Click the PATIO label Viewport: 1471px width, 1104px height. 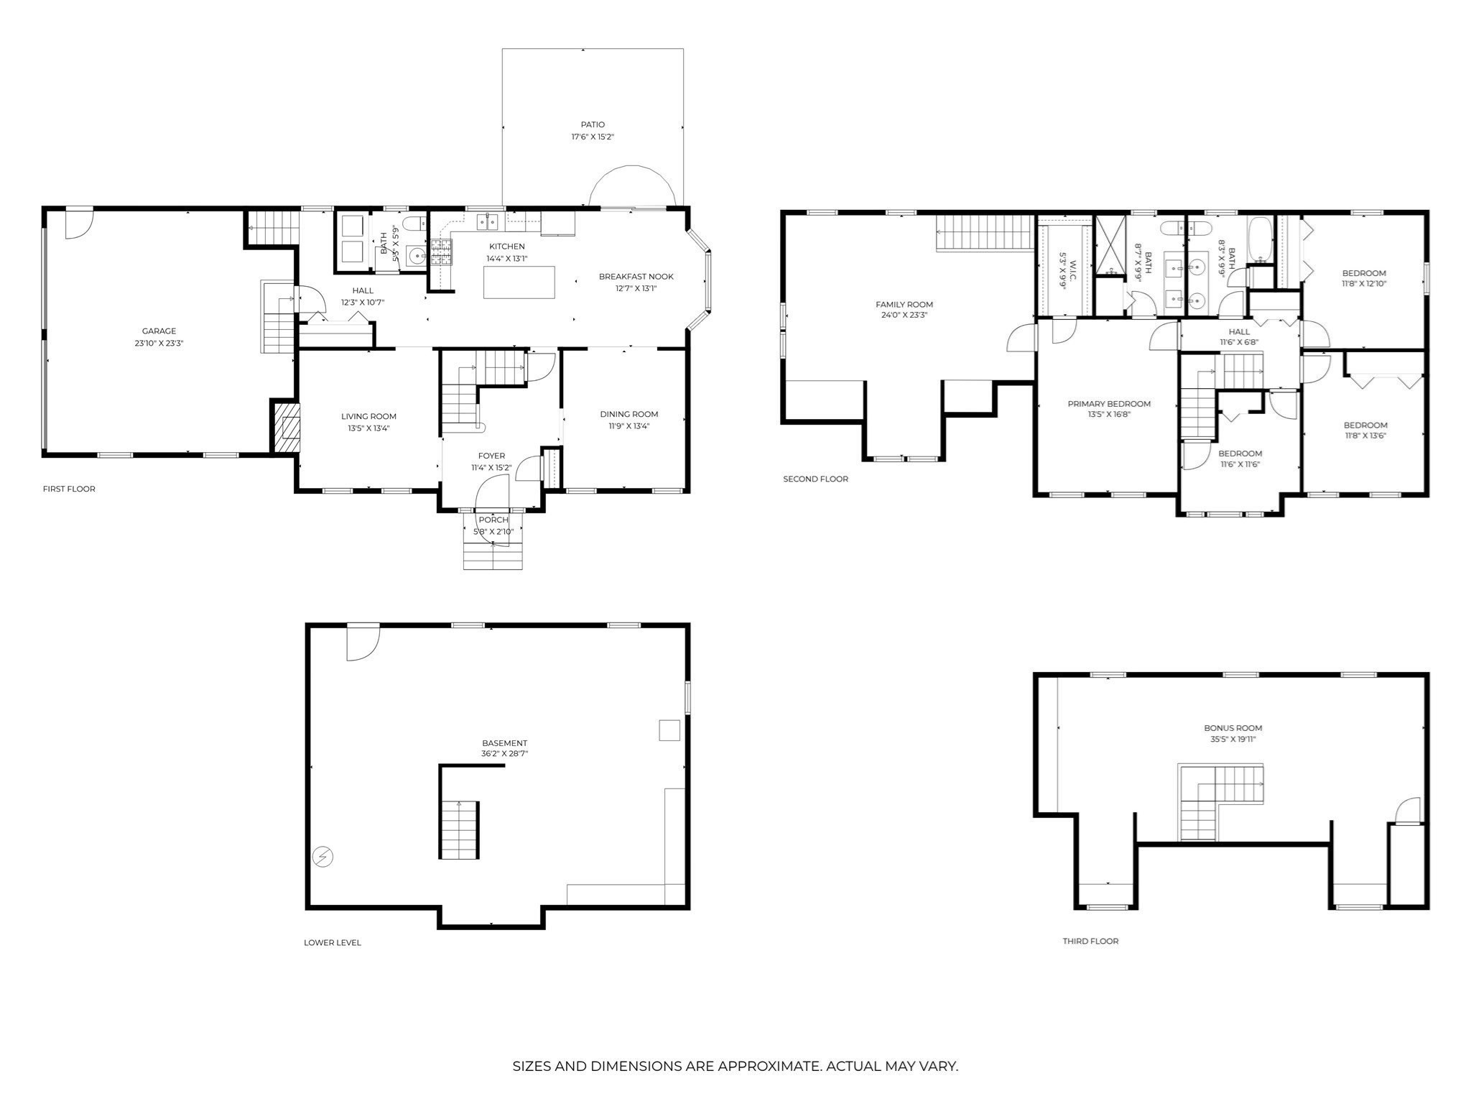tap(593, 124)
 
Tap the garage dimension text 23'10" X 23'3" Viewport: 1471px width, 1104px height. tap(159, 343)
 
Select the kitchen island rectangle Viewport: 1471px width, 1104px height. tap(519, 282)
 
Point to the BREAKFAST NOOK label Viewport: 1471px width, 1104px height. tap(636, 277)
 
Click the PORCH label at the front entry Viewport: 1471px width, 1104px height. tap(493, 520)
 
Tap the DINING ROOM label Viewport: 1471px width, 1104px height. tap(628, 414)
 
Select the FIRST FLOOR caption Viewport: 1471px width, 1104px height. tap(69, 489)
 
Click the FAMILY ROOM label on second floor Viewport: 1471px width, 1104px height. tap(904, 304)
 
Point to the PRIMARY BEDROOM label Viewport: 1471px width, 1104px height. tap(1108, 404)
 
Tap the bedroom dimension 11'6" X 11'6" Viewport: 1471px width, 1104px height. tap(1240, 464)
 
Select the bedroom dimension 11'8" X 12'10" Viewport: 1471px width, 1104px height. tap(1363, 284)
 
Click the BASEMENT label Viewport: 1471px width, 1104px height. tap(504, 743)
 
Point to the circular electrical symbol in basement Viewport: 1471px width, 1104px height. tap(322, 857)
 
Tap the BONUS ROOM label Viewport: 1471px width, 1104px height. tap(1233, 728)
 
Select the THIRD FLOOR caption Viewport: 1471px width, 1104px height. tap(1090, 941)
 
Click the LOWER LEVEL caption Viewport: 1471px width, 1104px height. tap(332, 942)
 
